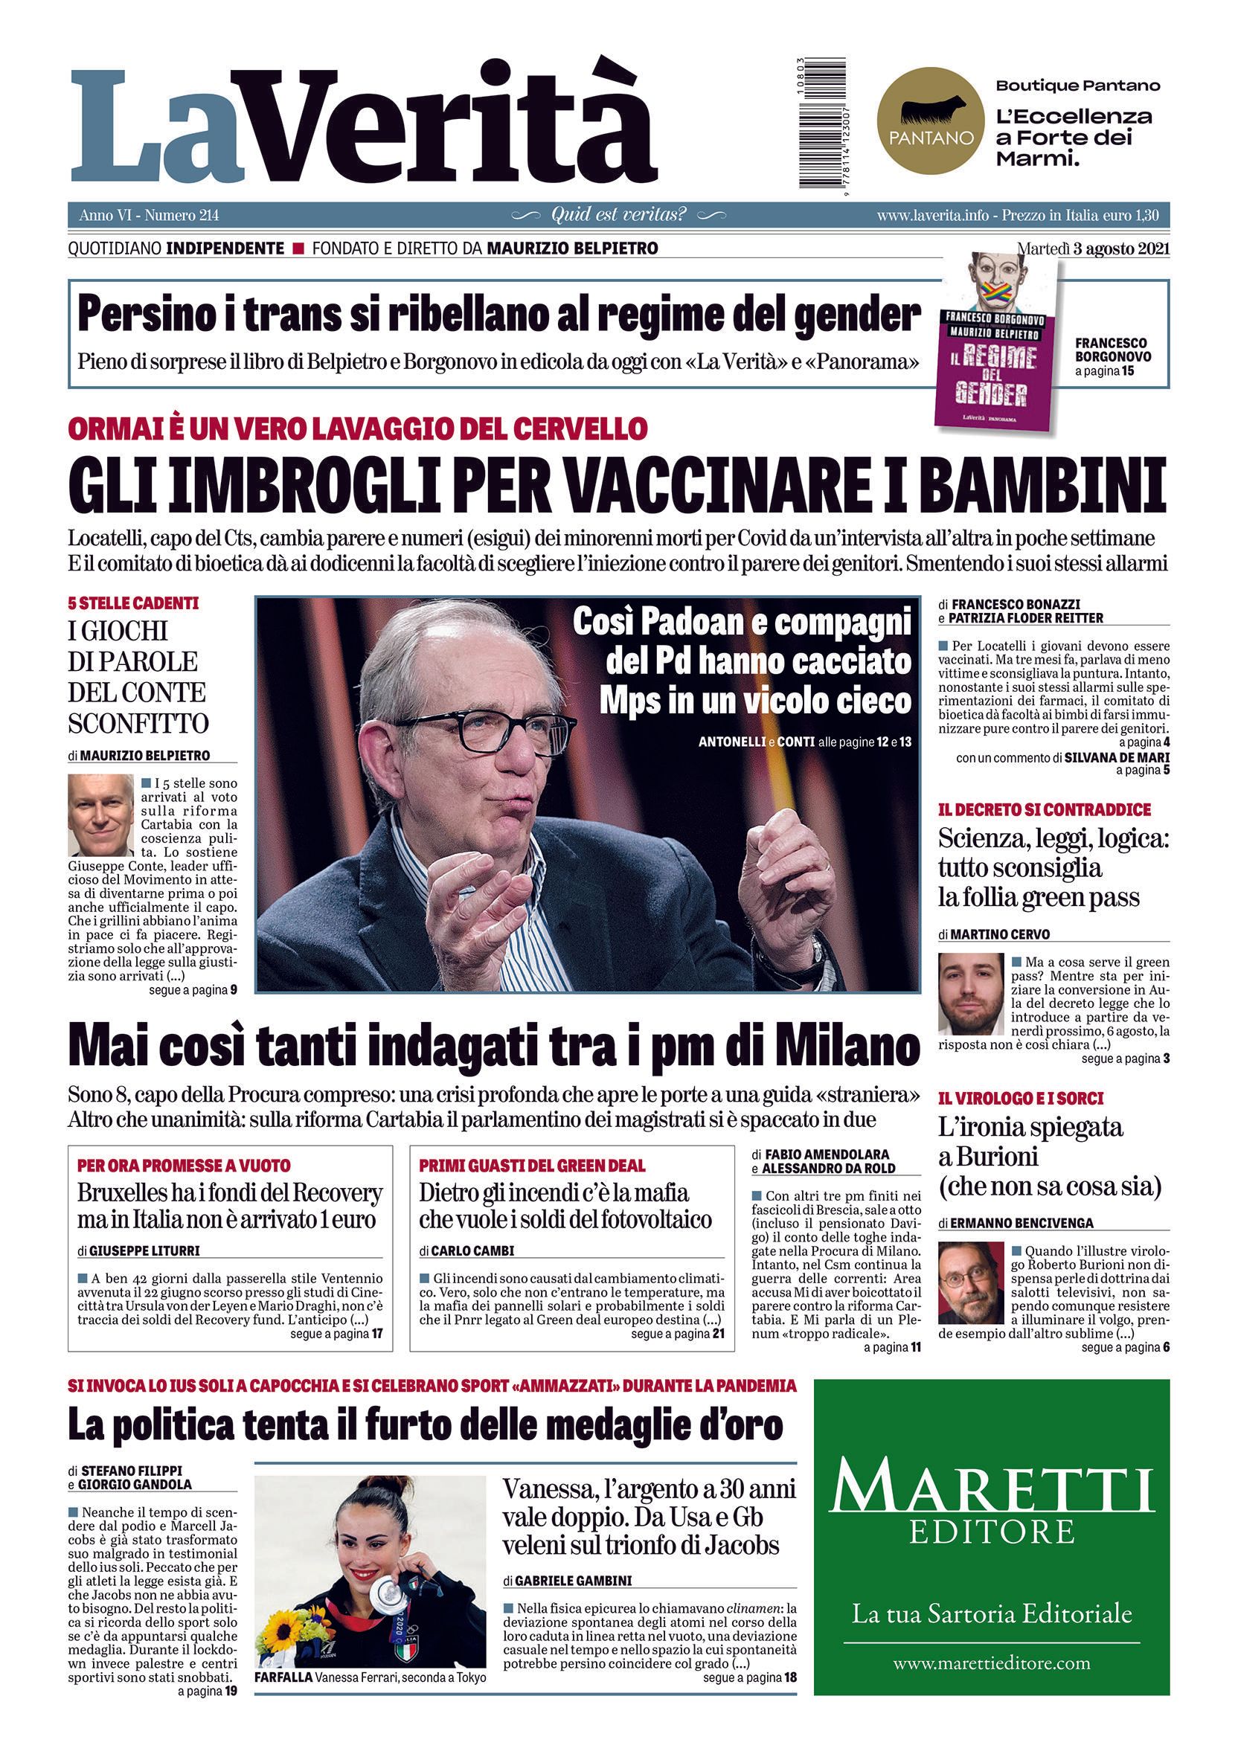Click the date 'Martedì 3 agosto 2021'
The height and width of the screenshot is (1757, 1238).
(1093, 248)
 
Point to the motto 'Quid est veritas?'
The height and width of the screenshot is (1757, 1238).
(618, 215)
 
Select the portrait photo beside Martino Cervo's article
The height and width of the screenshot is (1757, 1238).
(970, 994)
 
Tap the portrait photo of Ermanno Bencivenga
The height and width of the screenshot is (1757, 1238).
(970, 1283)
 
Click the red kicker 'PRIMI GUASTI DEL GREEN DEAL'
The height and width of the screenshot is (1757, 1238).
(532, 1166)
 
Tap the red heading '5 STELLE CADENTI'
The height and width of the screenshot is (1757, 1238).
(133, 604)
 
